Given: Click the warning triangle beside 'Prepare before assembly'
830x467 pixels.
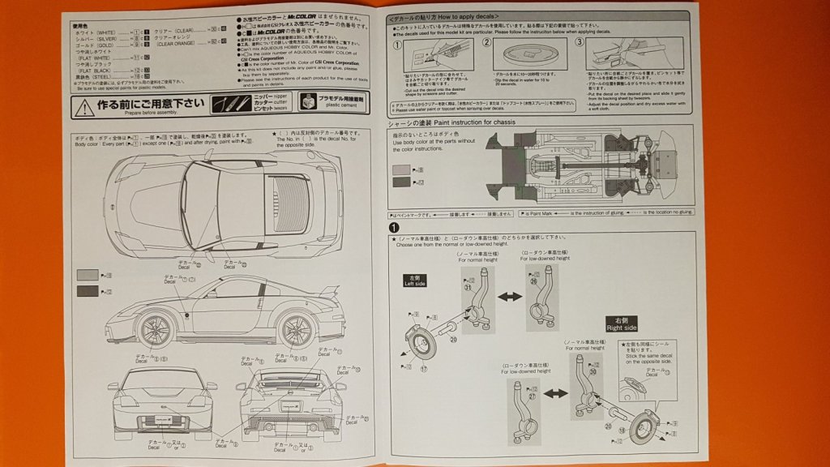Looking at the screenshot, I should coord(81,105).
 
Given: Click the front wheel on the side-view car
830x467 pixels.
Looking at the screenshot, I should coord(155,328).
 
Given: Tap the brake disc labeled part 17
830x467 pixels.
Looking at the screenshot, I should coord(422,338).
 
